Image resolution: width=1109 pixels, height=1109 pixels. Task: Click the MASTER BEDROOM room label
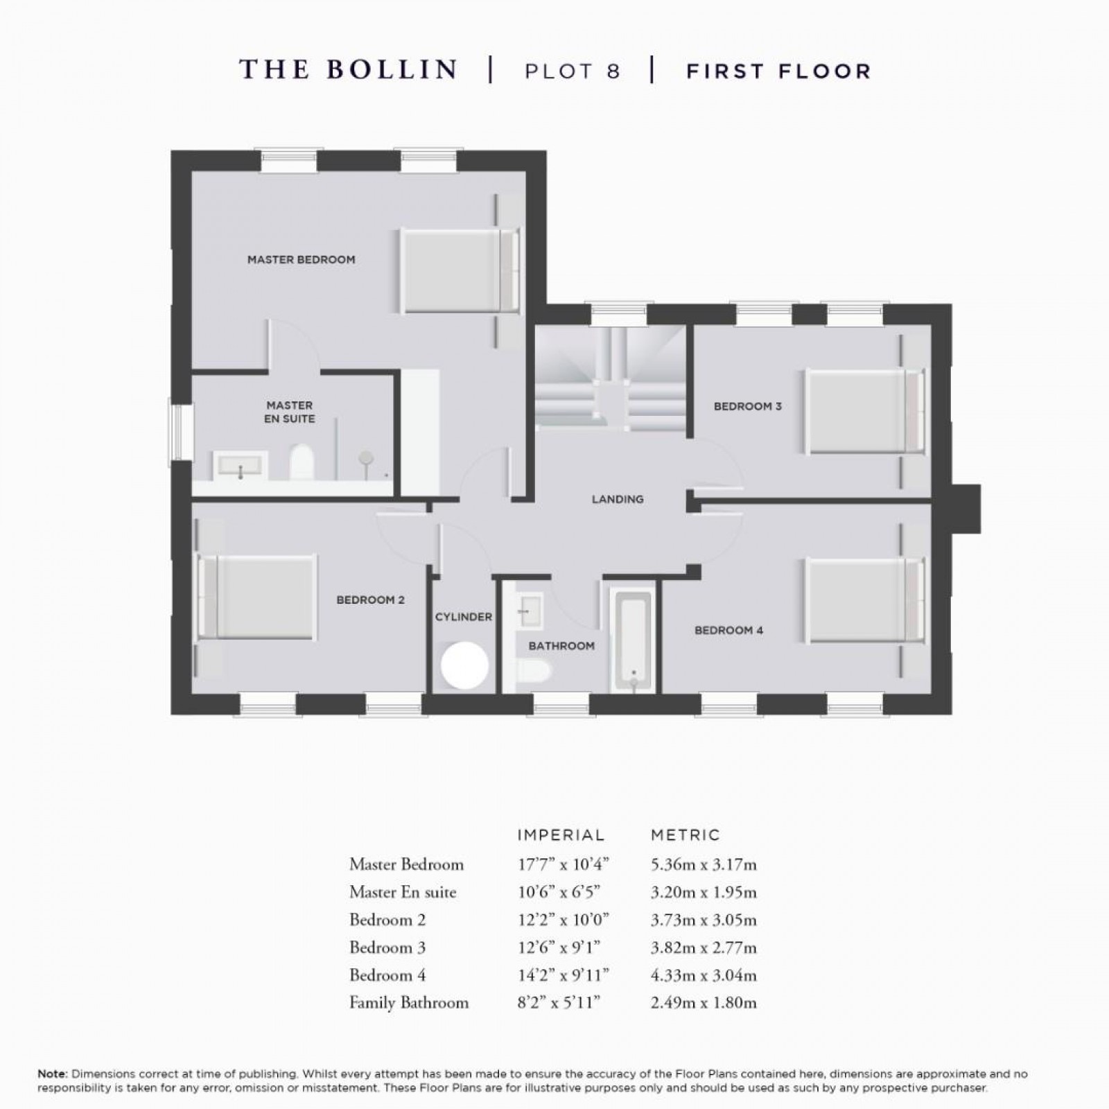tap(301, 259)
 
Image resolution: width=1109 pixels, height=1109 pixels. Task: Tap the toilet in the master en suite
tap(301, 462)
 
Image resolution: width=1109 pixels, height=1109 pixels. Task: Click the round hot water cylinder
tap(464, 665)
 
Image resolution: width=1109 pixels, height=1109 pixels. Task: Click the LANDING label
tap(617, 499)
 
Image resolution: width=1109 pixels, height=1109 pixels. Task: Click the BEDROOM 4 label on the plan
tap(728, 630)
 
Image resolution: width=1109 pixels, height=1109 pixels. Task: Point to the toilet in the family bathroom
tap(534, 670)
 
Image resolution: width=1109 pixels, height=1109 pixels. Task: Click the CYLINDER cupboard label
tap(463, 617)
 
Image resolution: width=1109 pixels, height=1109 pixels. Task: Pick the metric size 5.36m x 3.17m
tap(704, 864)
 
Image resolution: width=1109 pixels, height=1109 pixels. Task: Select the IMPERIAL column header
tap(561, 835)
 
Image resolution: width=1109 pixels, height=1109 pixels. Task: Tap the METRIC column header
tap(686, 835)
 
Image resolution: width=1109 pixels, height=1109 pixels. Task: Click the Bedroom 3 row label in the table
tap(387, 947)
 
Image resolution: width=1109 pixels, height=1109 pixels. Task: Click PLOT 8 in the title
tap(572, 71)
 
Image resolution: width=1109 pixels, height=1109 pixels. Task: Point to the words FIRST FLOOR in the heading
tap(778, 71)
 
